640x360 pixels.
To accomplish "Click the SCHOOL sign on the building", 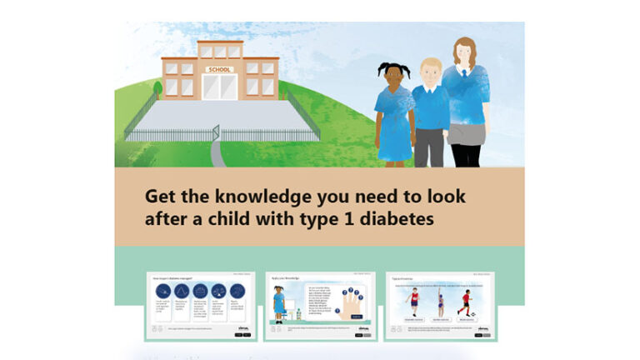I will pyautogui.click(x=218, y=69).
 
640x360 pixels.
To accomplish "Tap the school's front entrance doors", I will pyautogui.click(x=219, y=87).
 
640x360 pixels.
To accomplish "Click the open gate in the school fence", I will pyautogui.click(x=216, y=133).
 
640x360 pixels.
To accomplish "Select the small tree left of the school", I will pyautogui.click(x=157, y=89).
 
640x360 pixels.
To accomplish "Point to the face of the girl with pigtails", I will pyautogui.click(x=391, y=78).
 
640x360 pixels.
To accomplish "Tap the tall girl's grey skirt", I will pyautogui.click(x=465, y=133).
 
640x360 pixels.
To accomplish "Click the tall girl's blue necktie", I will pyautogui.click(x=464, y=83).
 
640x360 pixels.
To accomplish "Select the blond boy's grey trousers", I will pyautogui.click(x=430, y=147).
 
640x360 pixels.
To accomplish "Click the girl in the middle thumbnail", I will pyautogui.click(x=278, y=302).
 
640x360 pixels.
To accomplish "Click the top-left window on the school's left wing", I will pyautogui.click(x=171, y=67).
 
